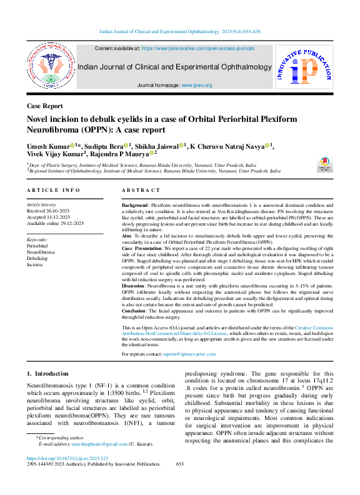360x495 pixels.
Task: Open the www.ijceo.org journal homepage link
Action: [197, 85]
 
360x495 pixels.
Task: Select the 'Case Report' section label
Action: [44, 107]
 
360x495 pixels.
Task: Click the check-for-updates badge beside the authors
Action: [326, 165]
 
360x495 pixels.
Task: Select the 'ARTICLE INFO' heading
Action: [53, 189]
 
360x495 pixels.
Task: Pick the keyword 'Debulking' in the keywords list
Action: [37, 258]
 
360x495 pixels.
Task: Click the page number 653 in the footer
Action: [179, 464]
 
